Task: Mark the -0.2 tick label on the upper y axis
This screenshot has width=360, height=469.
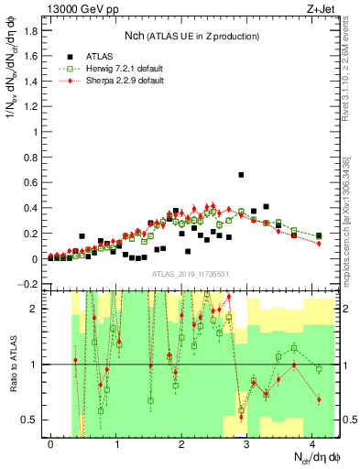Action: tap(29, 284)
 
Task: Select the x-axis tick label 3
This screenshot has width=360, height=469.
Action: tap(247, 444)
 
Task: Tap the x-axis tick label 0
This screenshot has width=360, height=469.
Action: tap(50, 444)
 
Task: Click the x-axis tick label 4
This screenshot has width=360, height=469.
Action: tap(312, 444)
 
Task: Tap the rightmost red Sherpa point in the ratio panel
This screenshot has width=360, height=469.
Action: tap(319, 399)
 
